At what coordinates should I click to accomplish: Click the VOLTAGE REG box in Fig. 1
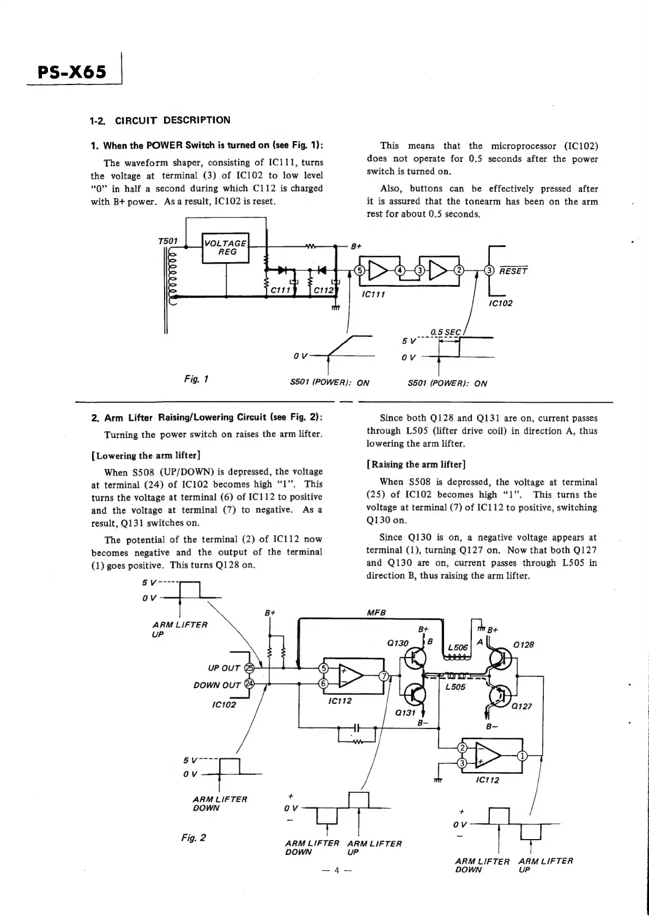(x=225, y=248)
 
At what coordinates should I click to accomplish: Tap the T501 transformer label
(x=167, y=241)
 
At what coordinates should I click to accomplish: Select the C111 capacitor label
(x=280, y=290)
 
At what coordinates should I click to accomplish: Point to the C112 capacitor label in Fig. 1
(x=323, y=290)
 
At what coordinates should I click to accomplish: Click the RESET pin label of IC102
(x=513, y=271)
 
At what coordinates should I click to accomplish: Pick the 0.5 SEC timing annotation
(x=445, y=332)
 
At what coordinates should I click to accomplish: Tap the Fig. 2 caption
(x=193, y=837)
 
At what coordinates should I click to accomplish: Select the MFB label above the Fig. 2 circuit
(x=377, y=612)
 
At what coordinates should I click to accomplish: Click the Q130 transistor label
(x=397, y=643)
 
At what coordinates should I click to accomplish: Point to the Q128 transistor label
(x=524, y=645)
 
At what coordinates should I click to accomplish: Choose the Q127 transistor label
(x=521, y=706)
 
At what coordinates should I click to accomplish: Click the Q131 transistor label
(x=405, y=713)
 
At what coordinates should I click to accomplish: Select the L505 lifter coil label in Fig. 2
(x=455, y=687)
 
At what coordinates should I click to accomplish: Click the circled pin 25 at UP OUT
(x=250, y=668)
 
